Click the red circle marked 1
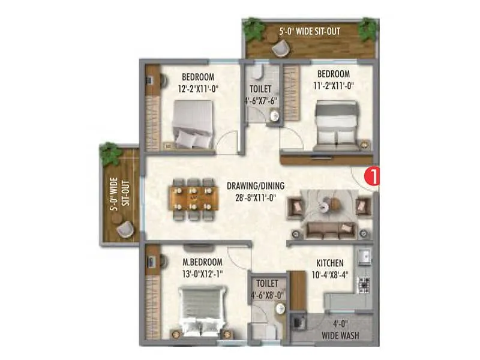coord(373,178)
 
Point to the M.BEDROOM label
coord(202,262)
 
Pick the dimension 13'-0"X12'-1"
coord(202,273)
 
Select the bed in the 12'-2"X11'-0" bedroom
coord(193,123)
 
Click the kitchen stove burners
coord(363,286)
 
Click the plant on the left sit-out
coord(110,154)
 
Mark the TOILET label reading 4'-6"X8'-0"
coord(267,289)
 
